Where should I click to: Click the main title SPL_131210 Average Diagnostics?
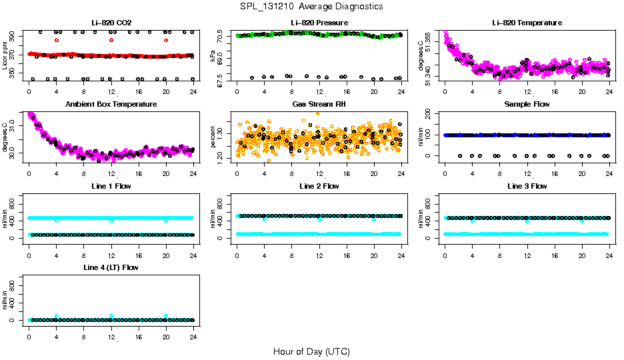tap(312, 6)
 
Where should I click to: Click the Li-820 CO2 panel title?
tap(111, 23)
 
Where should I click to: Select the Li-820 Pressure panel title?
tap(319, 23)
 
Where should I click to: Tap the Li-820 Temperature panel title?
tap(527, 23)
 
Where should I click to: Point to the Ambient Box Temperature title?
tap(111, 105)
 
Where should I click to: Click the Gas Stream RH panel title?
tap(319, 105)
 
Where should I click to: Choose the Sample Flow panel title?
tap(527, 105)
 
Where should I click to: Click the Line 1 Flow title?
tap(111, 186)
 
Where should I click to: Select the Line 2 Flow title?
tap(319, 186)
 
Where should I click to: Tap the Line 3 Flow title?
tap(527, 186)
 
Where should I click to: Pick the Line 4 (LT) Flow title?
tap(111, 267)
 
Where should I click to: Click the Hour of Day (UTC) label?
tap(311, 351)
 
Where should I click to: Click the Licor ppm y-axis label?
tap(5, 56)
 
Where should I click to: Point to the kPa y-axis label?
tap(213, 56)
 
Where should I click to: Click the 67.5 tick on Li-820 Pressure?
tap(223, 79)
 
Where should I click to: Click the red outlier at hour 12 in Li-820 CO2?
tap(111, 40)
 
